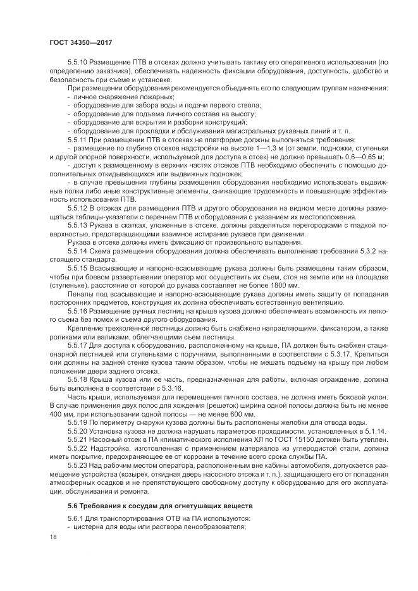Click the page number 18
click(52, 537)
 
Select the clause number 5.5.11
click(77, 138)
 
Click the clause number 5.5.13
click(77, 226)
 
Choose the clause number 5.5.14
click(77, 252)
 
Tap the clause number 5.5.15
click(77, 269)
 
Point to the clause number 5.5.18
click(77, 382)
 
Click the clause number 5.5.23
click(77, 469)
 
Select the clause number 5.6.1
click(75, 518)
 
